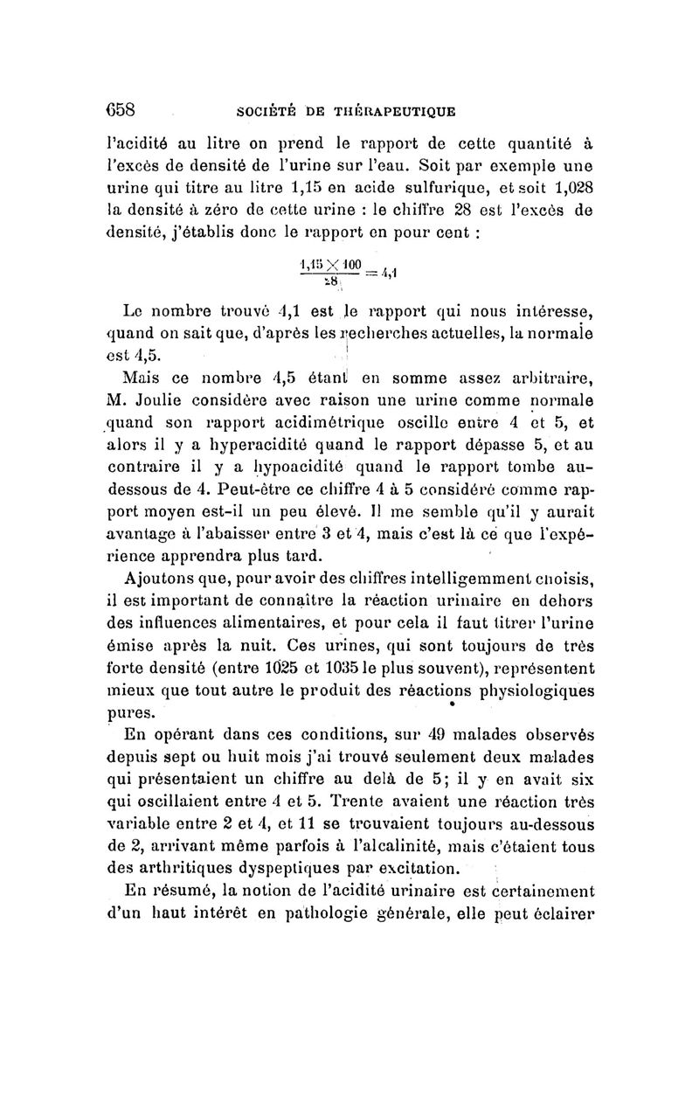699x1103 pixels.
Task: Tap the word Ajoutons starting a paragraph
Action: [x=166, y=580]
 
